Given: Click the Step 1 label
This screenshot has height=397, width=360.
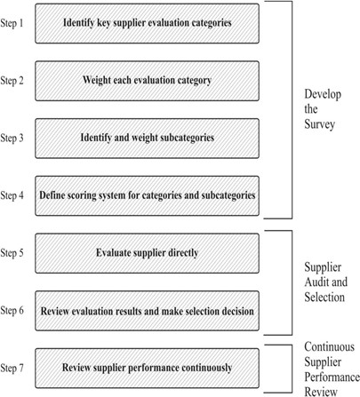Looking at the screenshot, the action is [12, 23].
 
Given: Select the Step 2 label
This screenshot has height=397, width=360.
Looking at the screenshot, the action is [12, 81].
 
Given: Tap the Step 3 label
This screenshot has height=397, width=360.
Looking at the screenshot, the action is [12, 138].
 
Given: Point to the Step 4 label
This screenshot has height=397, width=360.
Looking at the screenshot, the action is [12, 195].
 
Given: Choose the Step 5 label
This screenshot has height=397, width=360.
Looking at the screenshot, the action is [12, 253].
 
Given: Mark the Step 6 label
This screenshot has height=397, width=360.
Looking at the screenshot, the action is [12, 310].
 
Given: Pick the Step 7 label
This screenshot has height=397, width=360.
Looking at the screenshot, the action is [12, 368].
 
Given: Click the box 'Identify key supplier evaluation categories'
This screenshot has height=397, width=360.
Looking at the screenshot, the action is [147, 23].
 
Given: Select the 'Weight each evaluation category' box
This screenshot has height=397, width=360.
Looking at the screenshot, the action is [147, 81].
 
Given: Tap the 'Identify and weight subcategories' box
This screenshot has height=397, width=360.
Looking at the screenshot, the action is [147, 139].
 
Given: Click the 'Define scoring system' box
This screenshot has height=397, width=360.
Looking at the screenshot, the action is [147, 195].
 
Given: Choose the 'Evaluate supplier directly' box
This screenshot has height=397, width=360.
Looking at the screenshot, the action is [147, 253].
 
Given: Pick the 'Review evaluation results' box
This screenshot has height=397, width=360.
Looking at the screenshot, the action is [147, 311].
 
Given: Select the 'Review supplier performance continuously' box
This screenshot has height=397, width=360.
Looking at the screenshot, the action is [147, 369].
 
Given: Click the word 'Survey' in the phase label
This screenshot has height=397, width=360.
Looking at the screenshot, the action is [320, 124].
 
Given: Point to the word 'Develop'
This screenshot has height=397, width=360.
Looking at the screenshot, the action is [323, 95].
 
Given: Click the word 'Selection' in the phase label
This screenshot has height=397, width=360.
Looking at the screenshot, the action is [324, 297].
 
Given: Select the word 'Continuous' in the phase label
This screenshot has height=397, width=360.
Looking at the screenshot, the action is [330, 346].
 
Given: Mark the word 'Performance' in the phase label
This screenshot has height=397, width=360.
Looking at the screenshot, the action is [332, 377].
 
